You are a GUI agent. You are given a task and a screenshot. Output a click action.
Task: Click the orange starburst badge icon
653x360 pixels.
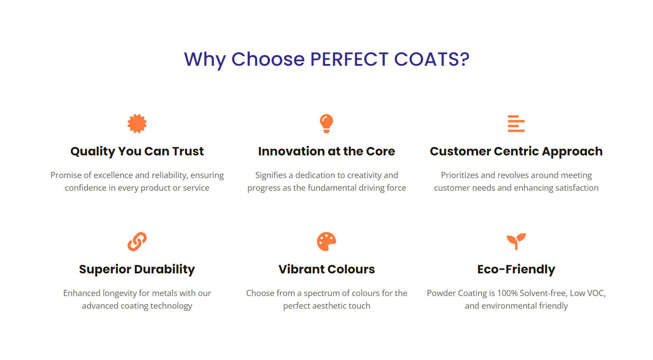(137, 124)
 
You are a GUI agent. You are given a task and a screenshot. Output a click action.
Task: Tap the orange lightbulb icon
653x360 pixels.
(326, 124)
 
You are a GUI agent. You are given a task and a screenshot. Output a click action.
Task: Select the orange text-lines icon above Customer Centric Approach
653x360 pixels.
(516, 124)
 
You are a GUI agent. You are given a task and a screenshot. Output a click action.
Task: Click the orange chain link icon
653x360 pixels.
(137, 241)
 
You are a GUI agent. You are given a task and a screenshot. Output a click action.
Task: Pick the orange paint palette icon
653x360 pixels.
(326, 241)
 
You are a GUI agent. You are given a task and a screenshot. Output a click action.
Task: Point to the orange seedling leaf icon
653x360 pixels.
(516, 241)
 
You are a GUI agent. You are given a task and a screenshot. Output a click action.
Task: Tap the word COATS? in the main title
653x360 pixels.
(432, 59)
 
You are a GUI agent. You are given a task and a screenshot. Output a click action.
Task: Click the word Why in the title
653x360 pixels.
(205, 60)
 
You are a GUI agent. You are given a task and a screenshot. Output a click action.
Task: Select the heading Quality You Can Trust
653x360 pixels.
(137, 151)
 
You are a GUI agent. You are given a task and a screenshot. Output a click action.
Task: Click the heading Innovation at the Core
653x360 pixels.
(326, 151)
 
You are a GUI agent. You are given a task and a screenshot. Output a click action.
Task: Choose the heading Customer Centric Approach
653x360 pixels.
(516, 151)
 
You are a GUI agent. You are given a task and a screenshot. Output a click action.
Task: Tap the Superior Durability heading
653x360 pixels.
(137, 269)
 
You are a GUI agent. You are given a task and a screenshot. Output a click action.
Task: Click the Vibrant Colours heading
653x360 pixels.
(326, 269)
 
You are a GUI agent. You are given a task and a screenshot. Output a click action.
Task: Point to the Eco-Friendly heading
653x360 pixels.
(516, 269)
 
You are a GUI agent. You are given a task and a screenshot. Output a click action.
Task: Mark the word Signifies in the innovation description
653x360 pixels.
(271, 175)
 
